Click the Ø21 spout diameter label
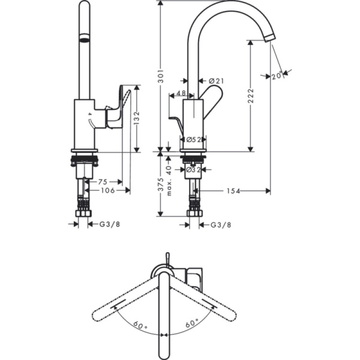tap(218, 80)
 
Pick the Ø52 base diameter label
tap(193, 139)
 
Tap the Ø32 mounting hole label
tap(193, 170)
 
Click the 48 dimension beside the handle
tap(181, 94)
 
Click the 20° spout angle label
tap(276, 75)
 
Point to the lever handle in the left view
tap(118, 109)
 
